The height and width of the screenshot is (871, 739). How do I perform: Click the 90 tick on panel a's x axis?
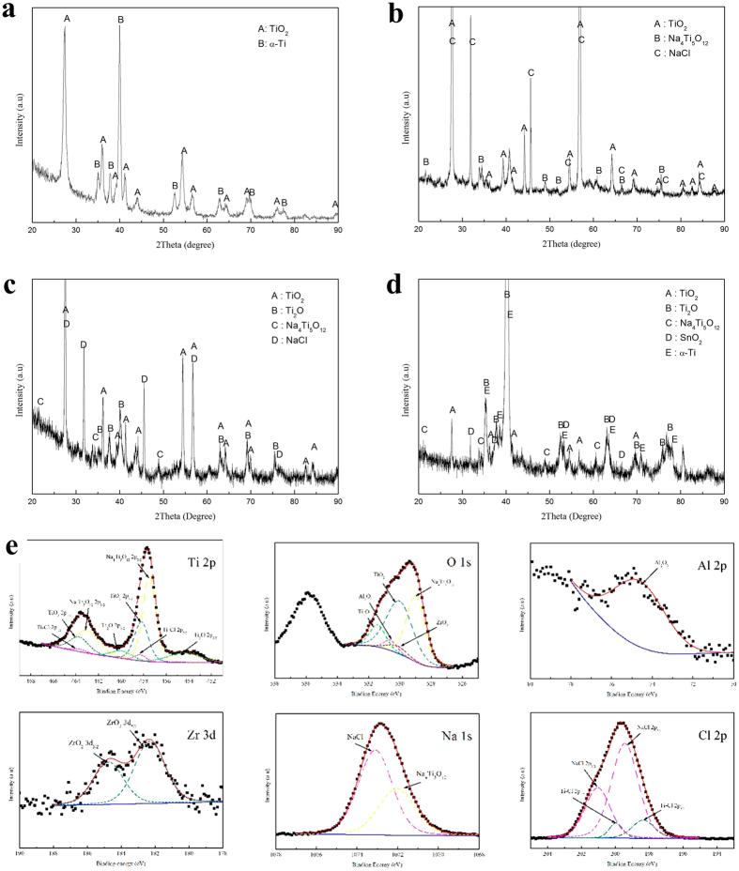[337, 228]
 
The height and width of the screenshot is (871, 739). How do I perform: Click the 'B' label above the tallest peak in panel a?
[120, 20]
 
